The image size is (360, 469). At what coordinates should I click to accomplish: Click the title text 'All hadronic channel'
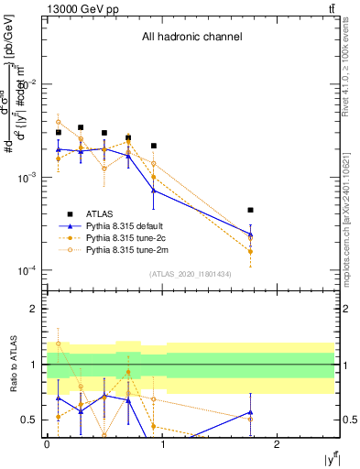(x=191, y=38)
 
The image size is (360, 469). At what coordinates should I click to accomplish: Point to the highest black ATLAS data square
(x=81, y=127)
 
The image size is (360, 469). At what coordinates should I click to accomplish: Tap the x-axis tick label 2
(x=277, y=444)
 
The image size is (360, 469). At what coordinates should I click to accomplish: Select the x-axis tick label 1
(x=162, y=444)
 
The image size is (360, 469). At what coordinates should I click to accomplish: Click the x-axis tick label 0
(x=47, y=444)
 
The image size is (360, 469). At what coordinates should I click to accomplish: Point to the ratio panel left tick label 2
(x=32, y=309)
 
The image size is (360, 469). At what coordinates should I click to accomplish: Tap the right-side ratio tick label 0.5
(x=349, y=420)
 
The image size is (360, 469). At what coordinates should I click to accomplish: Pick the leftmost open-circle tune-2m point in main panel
(x=58, y=122)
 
